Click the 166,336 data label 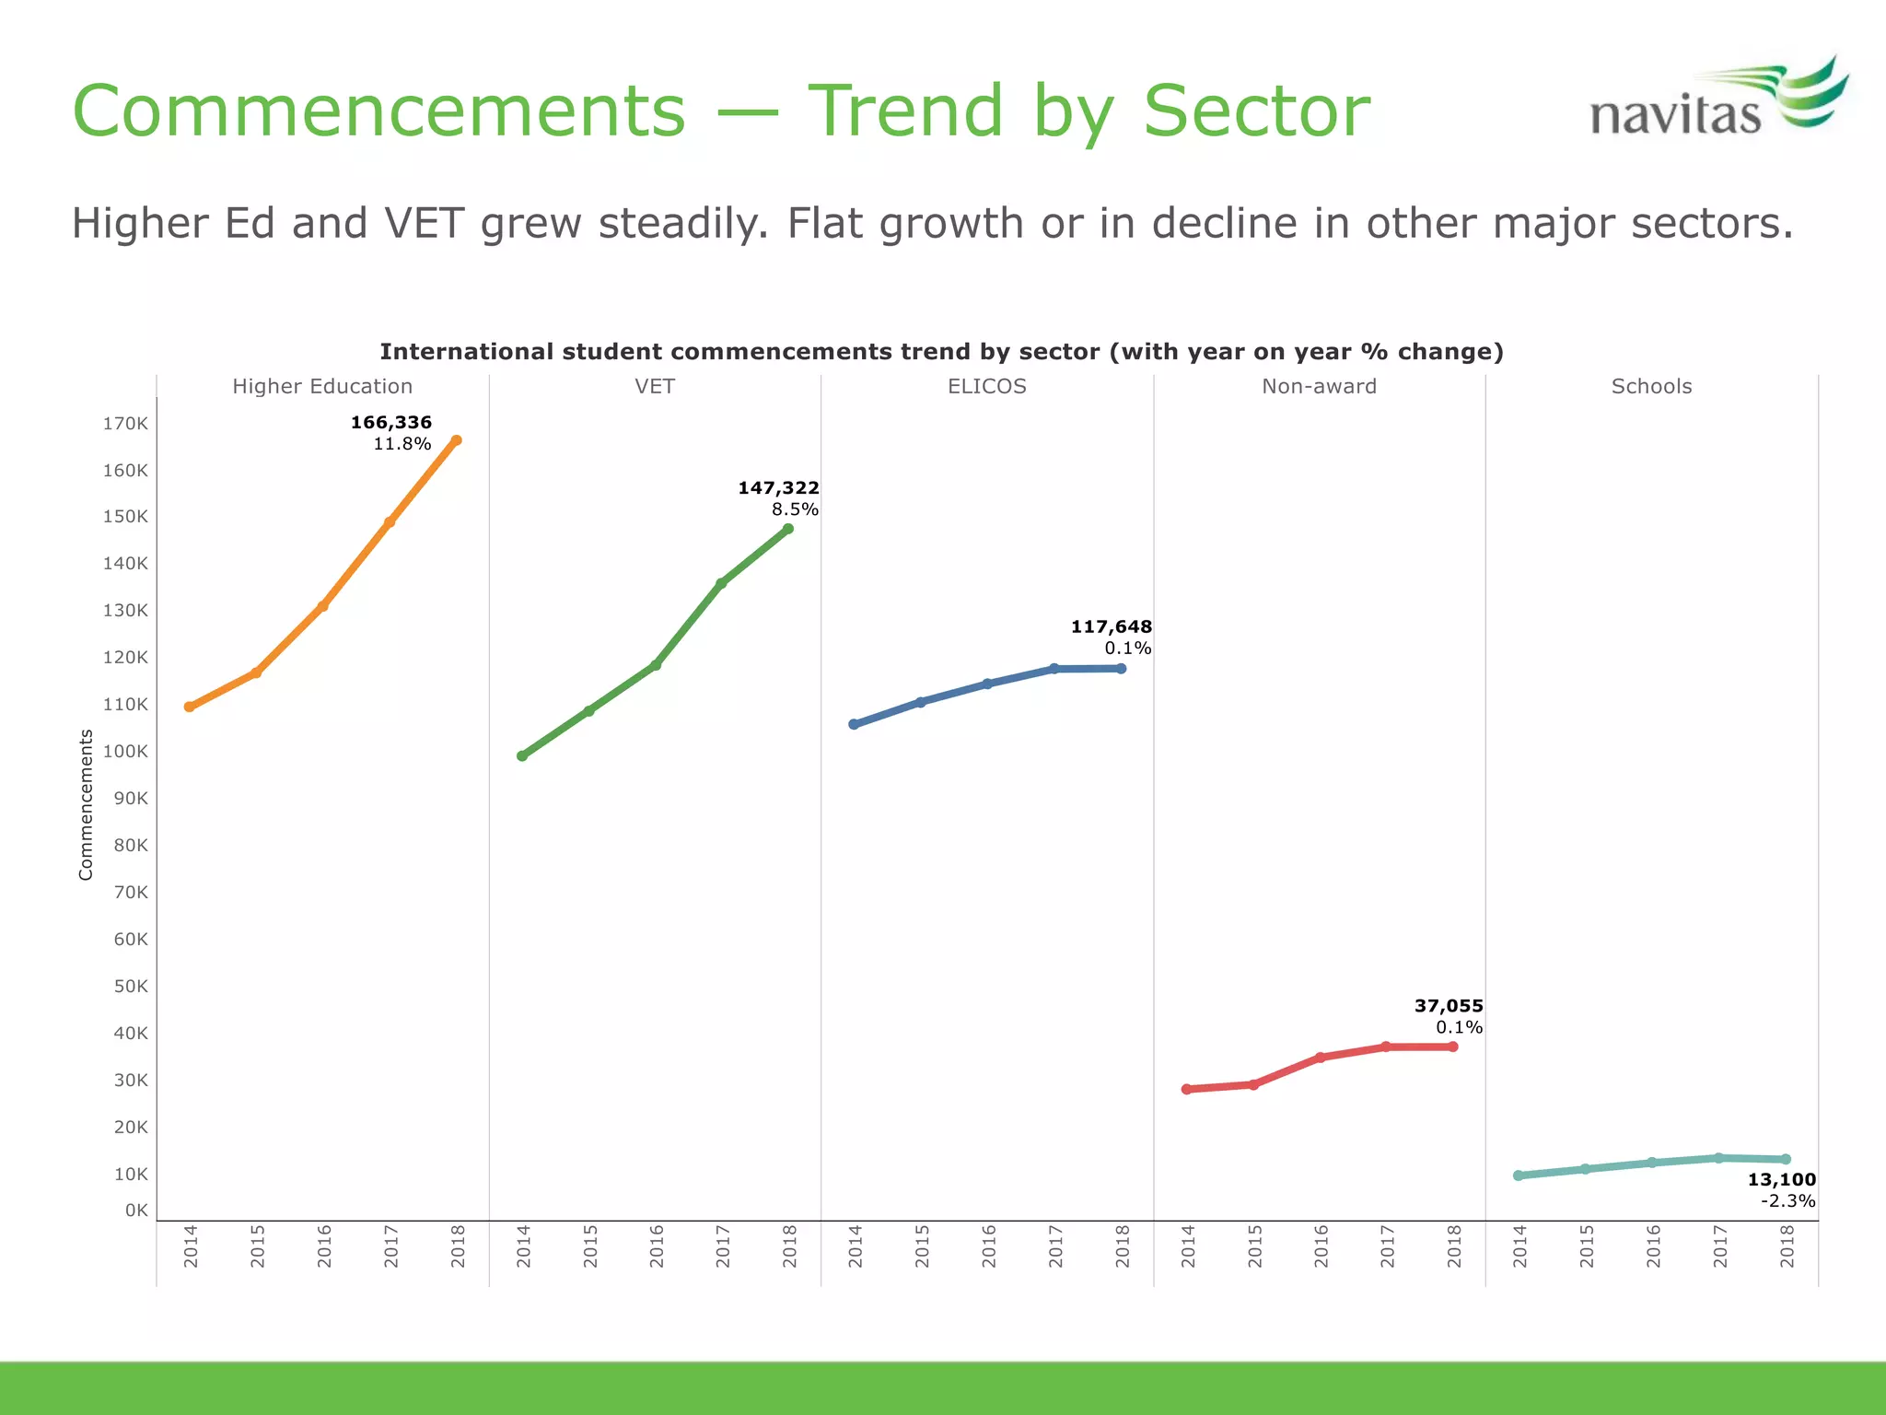391,423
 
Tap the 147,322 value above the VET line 778,488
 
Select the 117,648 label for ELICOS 1111,627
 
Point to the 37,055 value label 1449,1006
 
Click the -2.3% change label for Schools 1787,1201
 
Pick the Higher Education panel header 322,387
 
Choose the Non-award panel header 1319,387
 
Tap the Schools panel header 1651,387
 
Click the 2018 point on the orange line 456,440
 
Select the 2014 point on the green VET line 522,756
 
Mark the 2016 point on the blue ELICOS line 987,684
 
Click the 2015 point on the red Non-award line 1253,1085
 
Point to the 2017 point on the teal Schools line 1718,1158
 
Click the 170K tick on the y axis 125,424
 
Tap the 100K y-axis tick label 125,752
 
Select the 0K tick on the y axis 136,1210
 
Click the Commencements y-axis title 87,804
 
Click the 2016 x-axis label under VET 657,1245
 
